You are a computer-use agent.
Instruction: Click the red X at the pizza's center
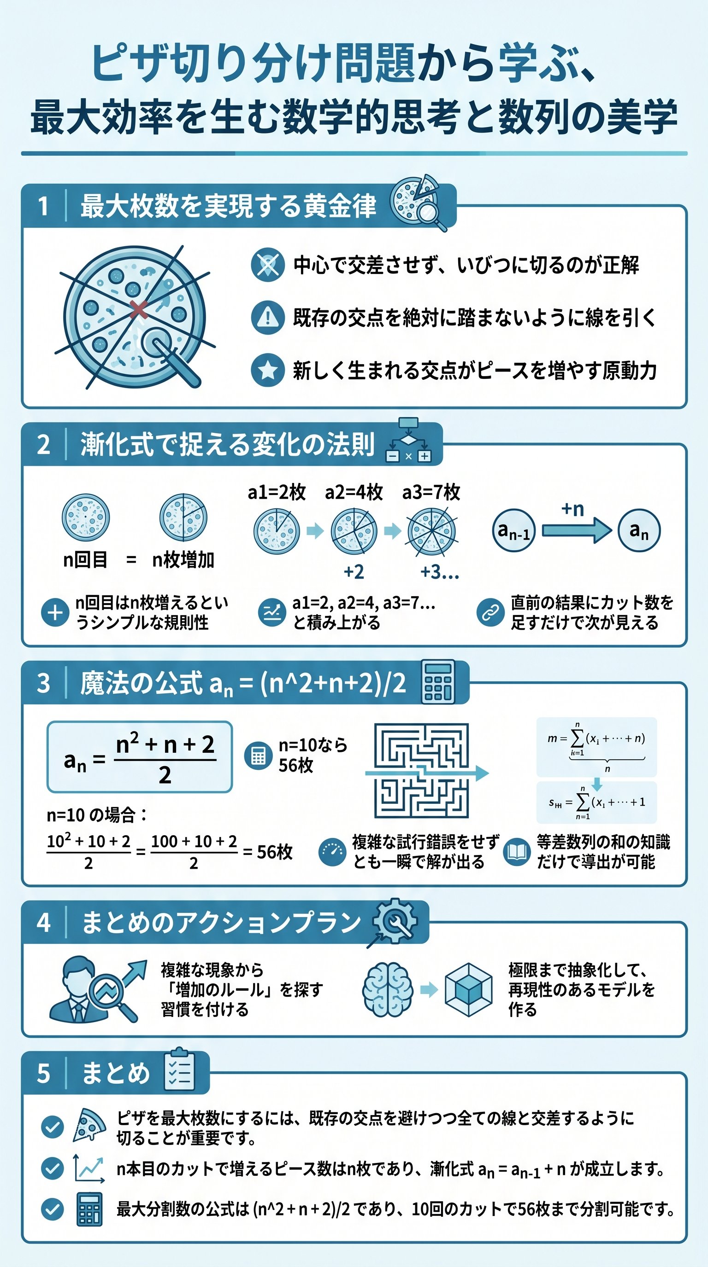pos(139,310)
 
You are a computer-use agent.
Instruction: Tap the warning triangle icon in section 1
pos(267,317)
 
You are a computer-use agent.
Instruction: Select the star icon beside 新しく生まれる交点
pos(267,370)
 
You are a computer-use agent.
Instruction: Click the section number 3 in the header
pos(43,683)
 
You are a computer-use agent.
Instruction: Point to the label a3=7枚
pos(431,492)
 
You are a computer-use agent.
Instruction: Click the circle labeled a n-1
pos(513,531)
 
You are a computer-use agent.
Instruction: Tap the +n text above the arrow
pos(572,509)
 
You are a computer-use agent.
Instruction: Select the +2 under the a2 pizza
pos(354,572)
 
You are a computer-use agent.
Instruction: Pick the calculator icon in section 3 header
pos(438,682)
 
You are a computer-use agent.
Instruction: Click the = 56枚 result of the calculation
pos(268,852)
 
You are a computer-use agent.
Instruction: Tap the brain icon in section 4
pos(388,989)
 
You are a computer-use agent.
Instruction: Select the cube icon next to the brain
pos(468,989)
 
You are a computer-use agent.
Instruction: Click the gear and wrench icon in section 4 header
pos(395,922)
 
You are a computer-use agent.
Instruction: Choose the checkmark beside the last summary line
pos(52,1209)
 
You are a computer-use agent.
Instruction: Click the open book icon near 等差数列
pos(516,852)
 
